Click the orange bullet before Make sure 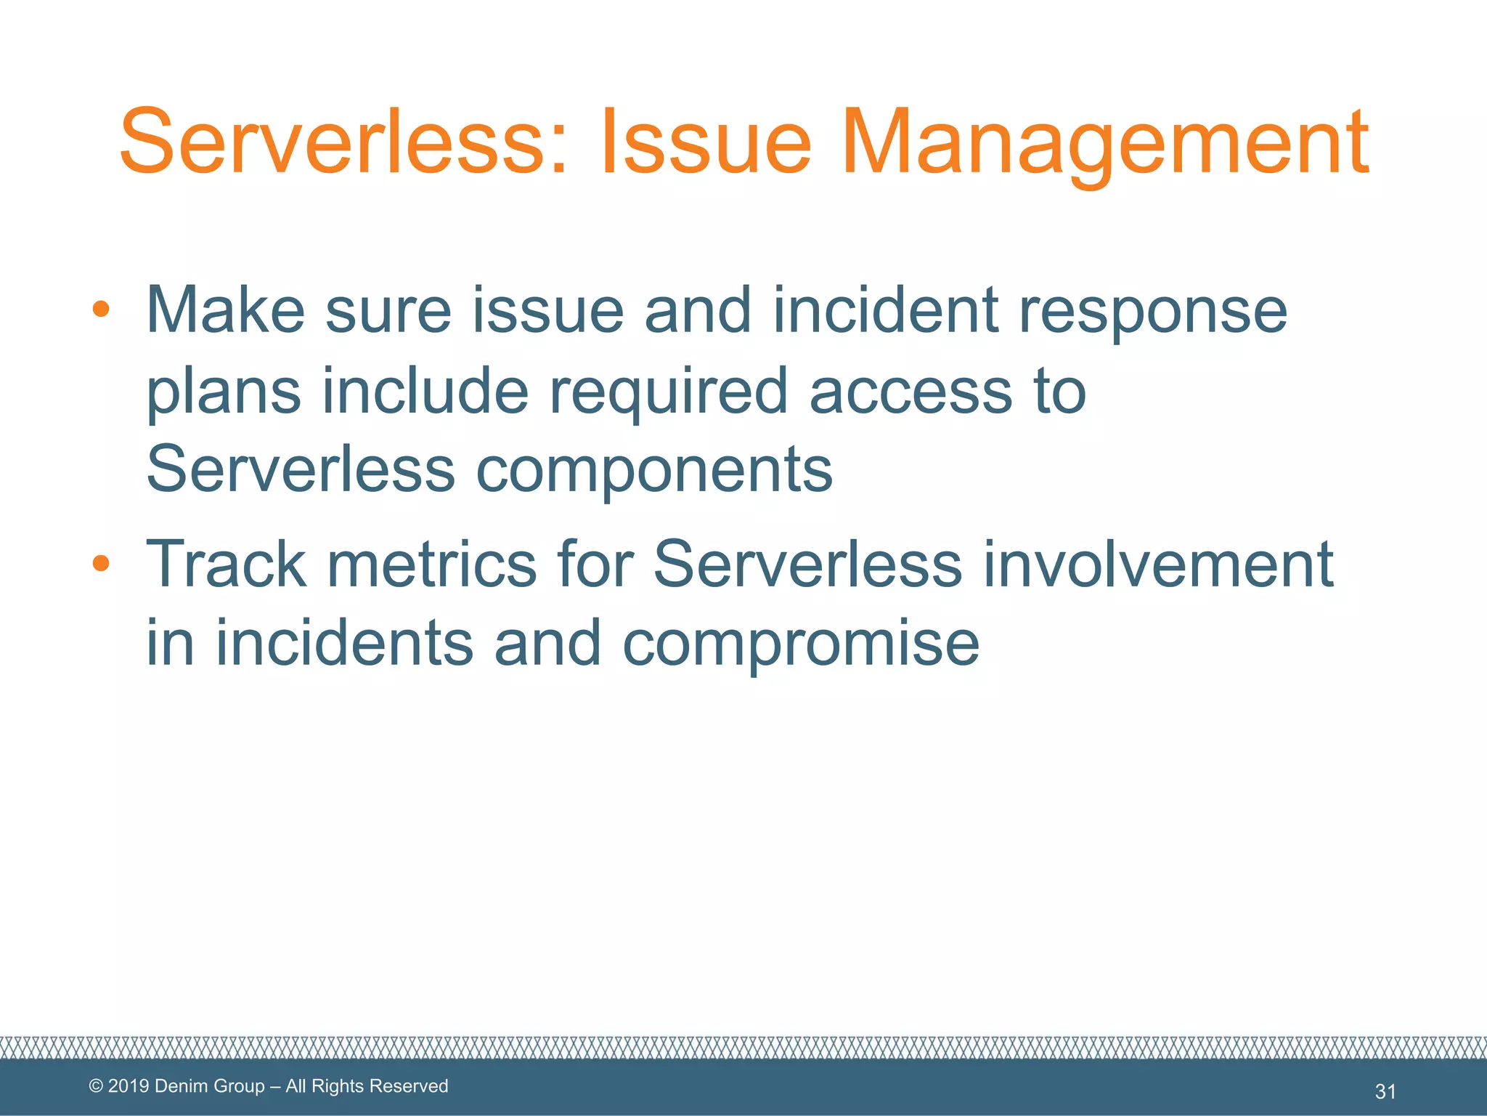click(x=101, y=310)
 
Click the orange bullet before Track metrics click(x=101, y=563)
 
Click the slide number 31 click(x=1385, y=1091)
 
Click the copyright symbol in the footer click(x=96, y=1086)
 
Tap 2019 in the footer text click(x=129, y=1086)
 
